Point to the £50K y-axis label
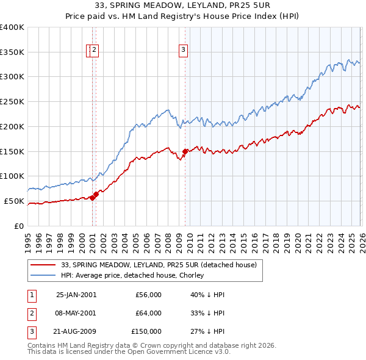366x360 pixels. click(x=14, y=201)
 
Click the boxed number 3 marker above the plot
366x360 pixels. click(x=184, y=51)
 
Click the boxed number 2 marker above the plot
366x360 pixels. click(x=96, y=51)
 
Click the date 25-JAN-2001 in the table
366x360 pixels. click(x=76, y=295)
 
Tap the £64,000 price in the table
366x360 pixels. click(x=149, y=313)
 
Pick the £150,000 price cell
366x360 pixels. click(x=146, y=331)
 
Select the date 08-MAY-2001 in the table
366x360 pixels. click(x=76, y=313)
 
